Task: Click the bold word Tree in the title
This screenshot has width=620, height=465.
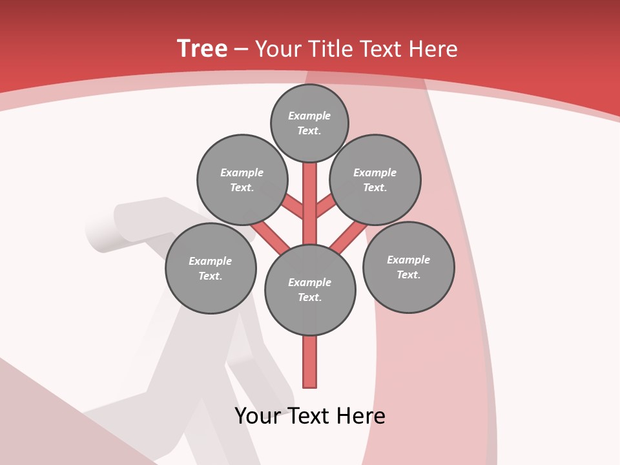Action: pyautogui.click(x=202, y=49)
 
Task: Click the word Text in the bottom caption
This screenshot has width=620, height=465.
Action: pyautogui.click(x=309, y=416)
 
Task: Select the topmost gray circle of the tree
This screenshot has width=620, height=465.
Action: pyautogui.click(x=309, y=123)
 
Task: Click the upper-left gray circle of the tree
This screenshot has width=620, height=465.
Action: pyautogui.click(x=242, y=180)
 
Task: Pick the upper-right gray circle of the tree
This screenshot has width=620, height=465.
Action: pyautogui.click(x=375, y=180)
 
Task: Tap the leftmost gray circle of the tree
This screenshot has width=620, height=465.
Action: pyautogui.click(x=211, y=269)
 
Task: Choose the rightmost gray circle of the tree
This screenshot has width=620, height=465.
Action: pyautogui.click(x=409, y=267)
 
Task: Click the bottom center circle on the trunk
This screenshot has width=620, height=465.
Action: pyautogui.click(x=310, y=290)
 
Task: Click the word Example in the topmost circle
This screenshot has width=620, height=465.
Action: pyautogui.click(x=309, y=116)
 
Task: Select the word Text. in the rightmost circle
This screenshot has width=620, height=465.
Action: pyautogui.click(x=408, y=275)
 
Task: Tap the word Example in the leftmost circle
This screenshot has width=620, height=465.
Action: pyautogui.click(x=210, y=261)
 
